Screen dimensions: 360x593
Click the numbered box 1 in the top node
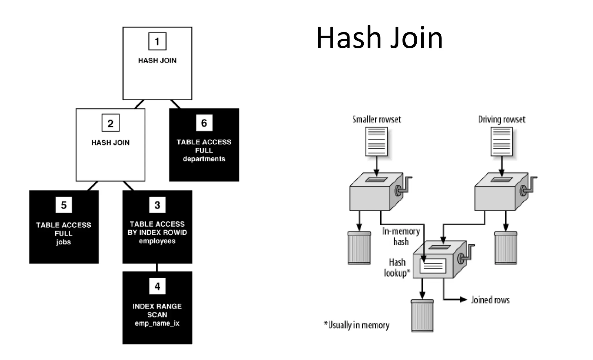157,41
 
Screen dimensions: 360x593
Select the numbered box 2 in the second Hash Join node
110,123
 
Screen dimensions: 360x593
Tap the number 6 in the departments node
204,123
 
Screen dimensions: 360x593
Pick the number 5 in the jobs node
64,205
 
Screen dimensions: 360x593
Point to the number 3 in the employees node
157,205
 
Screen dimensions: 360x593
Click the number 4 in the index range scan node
157,286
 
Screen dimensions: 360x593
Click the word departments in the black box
204,159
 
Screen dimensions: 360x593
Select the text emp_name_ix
157,323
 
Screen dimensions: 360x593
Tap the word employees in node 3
157,241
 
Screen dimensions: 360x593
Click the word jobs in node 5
63,242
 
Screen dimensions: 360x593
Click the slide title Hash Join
379,38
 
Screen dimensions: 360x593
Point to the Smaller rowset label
376,119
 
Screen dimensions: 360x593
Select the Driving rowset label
502,119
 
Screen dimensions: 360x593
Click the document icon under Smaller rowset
376,142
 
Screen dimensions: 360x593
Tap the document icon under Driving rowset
502,142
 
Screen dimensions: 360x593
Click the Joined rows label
490,300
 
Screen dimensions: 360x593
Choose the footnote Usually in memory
357,325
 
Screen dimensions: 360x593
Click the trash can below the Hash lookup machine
422,316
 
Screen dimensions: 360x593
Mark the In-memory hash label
401,236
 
